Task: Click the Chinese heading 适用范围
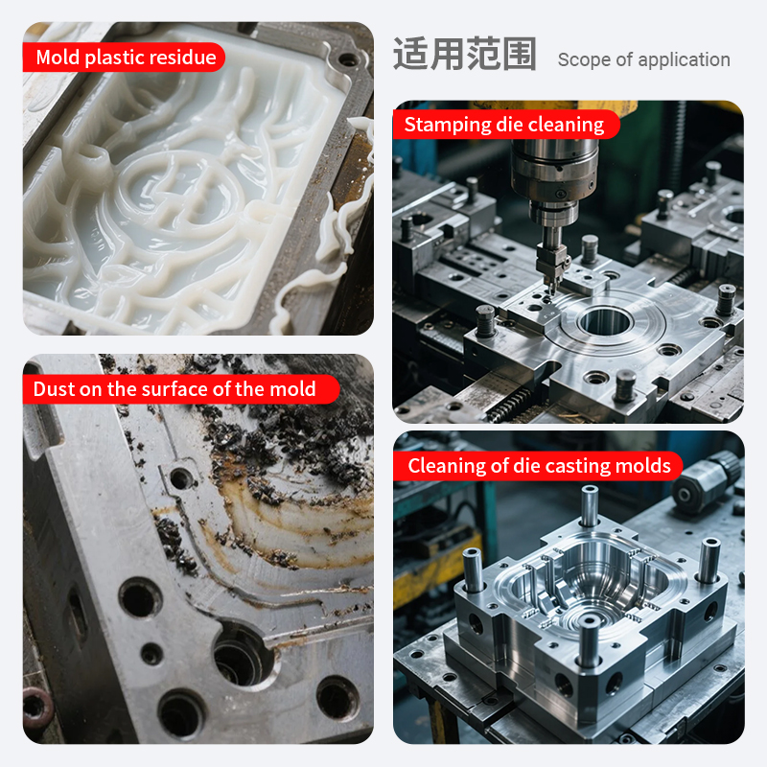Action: [x=465, y=55]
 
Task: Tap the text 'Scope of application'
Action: [x=643, y=59]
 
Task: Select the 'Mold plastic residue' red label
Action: [x=124, y=58]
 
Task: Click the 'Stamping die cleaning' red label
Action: [x=506, y=125]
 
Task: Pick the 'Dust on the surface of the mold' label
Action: [x=181, y=389]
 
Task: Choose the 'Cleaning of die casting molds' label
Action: [x=538, y=466]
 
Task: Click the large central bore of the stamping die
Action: [x=605, y=322]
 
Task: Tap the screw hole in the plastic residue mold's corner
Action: [x=349, y=60]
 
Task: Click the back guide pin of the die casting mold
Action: [x=590, y=506]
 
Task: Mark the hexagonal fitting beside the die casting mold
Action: [x=705, y=482]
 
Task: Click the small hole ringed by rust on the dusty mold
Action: [x=181, y=477]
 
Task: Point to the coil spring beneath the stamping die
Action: [x=509, y=405]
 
